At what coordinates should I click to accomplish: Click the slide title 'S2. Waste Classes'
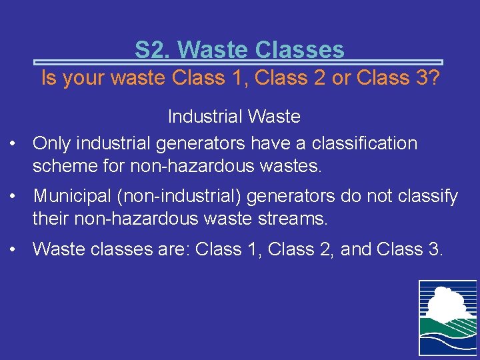point(239,49)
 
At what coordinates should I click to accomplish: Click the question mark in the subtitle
point(433,78)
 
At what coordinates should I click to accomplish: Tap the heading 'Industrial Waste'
point(234,117)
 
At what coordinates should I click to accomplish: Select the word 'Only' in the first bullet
point(53,143)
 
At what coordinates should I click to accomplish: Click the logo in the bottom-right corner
point(447,317)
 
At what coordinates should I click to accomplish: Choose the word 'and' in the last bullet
point(356,249)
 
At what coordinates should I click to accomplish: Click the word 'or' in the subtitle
point(340,78)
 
